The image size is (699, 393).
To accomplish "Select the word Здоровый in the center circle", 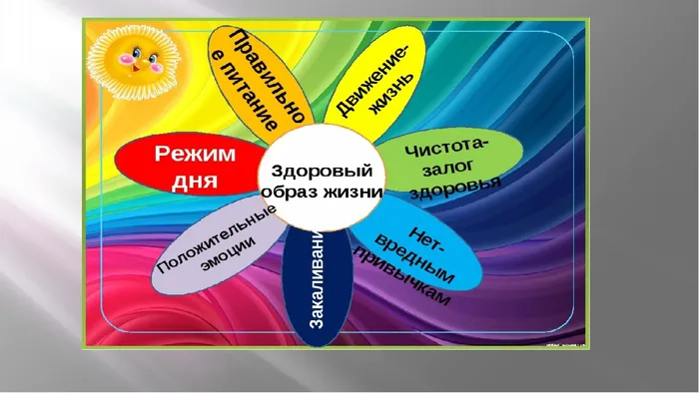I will pyautogui.click(x=321, y=171).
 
